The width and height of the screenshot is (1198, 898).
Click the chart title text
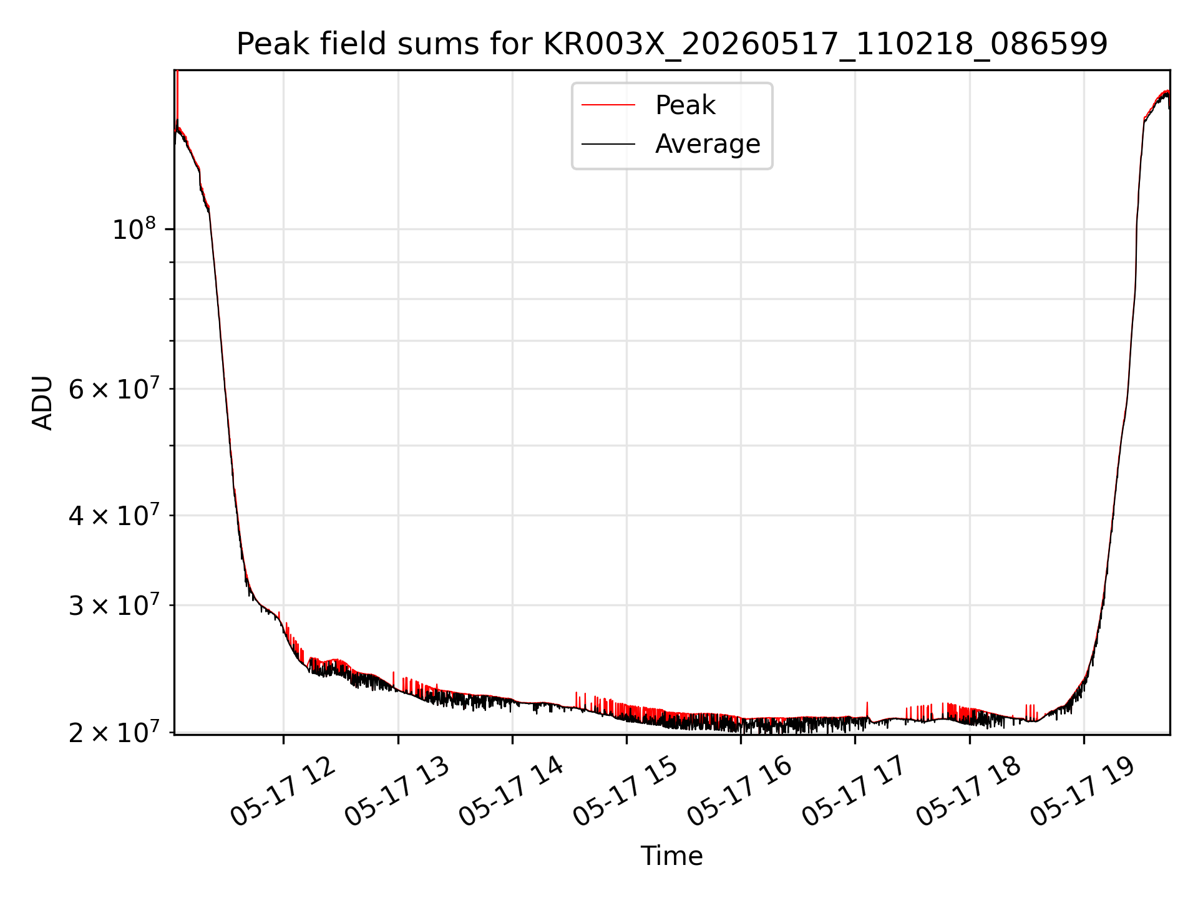click(x=672, y=44)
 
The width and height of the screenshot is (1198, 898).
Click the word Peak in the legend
click(x=685, y=105)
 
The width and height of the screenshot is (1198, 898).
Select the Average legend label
click(x=708, y=144)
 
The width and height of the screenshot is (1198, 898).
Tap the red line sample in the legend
click(x=608, y=105)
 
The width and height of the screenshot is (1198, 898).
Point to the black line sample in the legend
click(x=608, y=144)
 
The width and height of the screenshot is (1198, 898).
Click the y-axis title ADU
click(x=42, y=403)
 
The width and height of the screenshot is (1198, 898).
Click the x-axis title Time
click(x=671, y=856)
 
